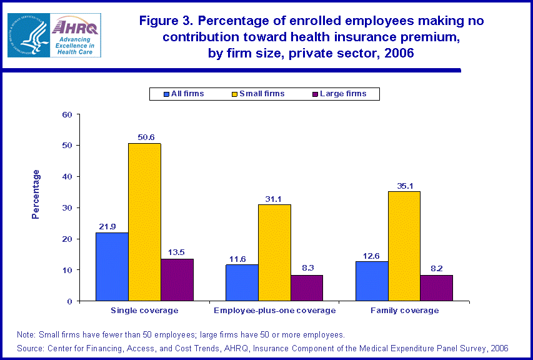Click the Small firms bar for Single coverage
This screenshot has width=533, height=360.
[144, 222]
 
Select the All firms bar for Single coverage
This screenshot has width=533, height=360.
[112, 267]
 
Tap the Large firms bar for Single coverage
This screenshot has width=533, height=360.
[177, 280]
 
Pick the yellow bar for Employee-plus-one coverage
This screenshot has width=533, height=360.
[274, 252]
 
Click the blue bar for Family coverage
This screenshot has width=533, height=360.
[372, 281]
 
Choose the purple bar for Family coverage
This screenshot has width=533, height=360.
[436, 288]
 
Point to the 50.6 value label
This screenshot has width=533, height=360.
[145, 137]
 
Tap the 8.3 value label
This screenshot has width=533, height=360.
[307, 269]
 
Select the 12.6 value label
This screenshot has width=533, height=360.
[371, 255]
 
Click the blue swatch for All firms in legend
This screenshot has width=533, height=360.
[166, 94]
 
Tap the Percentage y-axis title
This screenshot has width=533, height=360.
[36, 194]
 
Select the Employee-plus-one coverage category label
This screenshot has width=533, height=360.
[274, 311]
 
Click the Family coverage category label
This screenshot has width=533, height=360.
[404, 311]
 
